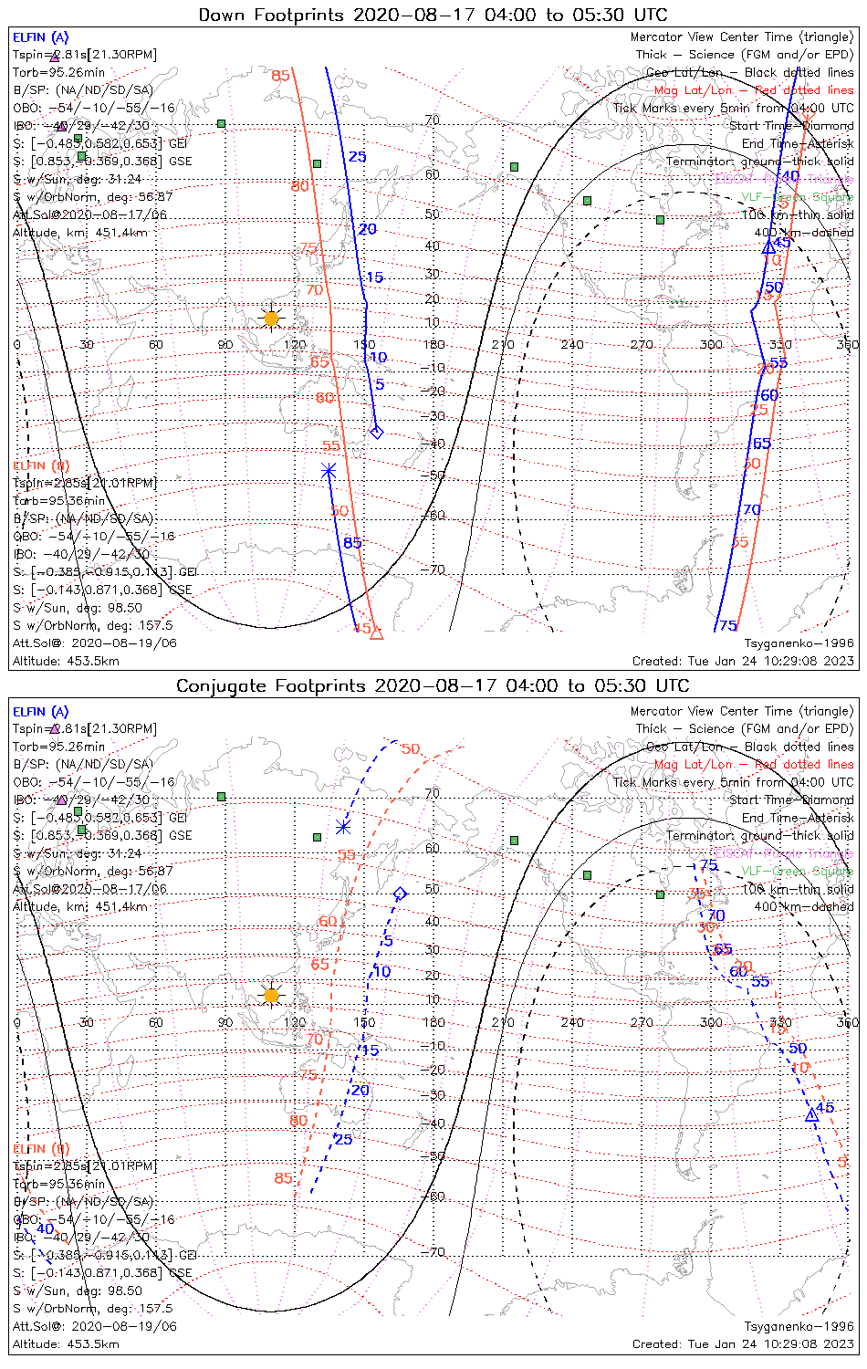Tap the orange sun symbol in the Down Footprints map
[x=271, y=319]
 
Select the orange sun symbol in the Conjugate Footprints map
[x=271, y=995]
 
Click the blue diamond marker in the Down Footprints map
[x=376, y=432]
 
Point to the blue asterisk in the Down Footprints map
[x=329, y=471]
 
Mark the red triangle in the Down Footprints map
[x=376, y=632]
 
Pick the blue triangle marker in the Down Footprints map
[x=768, y=246]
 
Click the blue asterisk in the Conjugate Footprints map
[x=343, y=827]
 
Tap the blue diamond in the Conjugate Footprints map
[x=399, y=894]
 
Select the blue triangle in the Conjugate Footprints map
[x=811, y=1114]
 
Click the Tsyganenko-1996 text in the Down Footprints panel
[x=799, y=643]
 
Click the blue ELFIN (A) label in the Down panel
[x=41, y=37]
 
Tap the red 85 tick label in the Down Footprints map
[x=280, y=75]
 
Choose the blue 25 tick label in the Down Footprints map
[x=357, y=157]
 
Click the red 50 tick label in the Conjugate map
[x=411, y=749]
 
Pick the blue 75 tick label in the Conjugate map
[x=708, y=865]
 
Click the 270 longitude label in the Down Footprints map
[x=642, y=345]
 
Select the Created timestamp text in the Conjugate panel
[x=743, y=1344]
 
